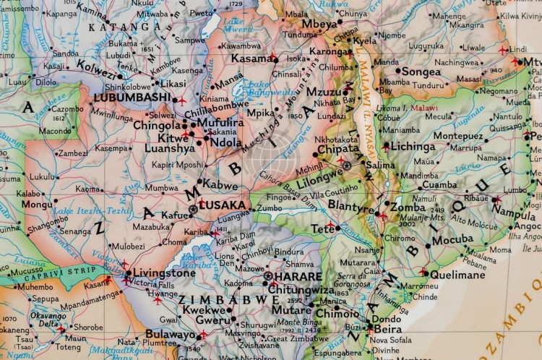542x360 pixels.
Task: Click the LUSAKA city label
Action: click(x=223, y=206)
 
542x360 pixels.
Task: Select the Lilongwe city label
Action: click(x=319, y=173)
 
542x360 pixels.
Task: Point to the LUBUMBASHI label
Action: click(x=130, y=97)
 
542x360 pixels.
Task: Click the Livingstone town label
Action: click(x=160, y=274)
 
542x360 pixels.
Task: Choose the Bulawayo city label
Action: click(x=171, y=334)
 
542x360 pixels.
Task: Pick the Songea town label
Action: click(x=421, y=72)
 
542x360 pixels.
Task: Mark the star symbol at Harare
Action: click(x=268, y=276)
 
